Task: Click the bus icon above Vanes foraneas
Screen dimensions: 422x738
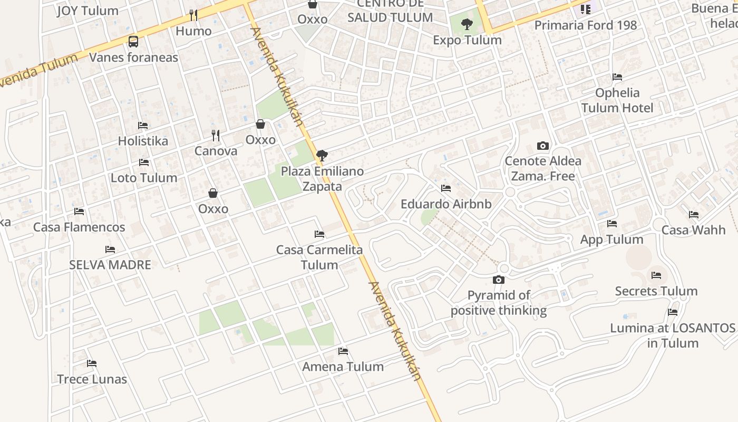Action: coord(133,41)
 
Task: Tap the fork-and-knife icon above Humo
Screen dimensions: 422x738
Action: coord(193,15)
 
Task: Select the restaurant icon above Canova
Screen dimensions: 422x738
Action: coord(215,136)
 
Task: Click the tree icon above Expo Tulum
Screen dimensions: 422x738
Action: coord(467,24)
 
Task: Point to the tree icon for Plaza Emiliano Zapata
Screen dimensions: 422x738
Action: coord(322,156)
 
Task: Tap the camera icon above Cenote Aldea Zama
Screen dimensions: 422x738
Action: coord(542,146)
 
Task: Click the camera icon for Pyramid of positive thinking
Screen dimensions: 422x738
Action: coord(498,280)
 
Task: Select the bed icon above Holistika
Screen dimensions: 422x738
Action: coord(143,126)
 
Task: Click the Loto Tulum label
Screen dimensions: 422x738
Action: coord(144,178)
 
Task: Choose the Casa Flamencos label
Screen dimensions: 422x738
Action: coord(79,227)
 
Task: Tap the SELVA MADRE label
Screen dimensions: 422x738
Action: coord(110,265)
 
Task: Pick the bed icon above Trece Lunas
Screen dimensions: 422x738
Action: coord(92,363)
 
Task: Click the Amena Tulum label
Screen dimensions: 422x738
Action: coord(343,367)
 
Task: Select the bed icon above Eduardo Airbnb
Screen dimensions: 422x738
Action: coord(446,188)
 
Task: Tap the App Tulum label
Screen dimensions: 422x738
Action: coord(611,239)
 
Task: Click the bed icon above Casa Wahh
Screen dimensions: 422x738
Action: coord(694,215)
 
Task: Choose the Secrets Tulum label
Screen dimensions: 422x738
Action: coord(656,291)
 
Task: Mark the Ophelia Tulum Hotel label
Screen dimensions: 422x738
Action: coord(617,100)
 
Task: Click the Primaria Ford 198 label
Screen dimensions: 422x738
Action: coord(586,25)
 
